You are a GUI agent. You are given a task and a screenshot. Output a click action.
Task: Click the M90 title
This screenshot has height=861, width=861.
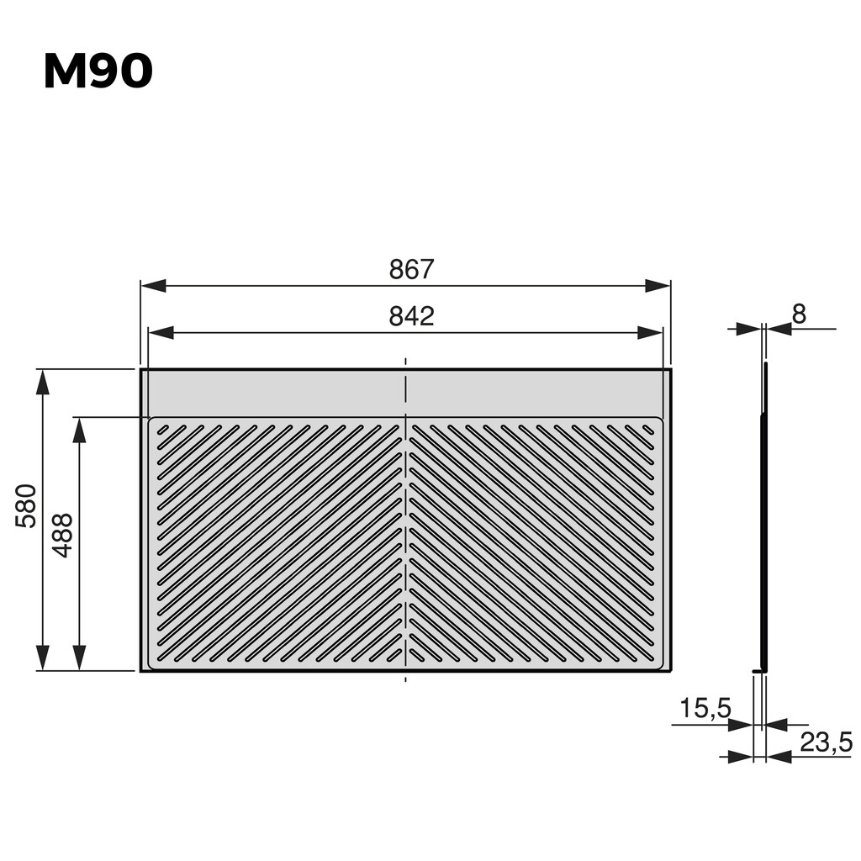[x=98, y=72]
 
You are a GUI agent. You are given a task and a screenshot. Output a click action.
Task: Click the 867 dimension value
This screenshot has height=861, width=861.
[x=411, y=270]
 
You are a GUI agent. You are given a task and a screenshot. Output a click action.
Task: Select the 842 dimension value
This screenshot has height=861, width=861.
[x=411, y=317]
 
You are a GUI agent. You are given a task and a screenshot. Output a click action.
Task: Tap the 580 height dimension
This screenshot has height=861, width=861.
[x=26, y=505]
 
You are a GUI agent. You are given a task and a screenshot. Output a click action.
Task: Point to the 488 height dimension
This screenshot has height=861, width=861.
[x=63, y=535]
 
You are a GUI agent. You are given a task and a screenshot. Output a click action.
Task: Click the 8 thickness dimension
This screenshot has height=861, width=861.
[x=799, y=314]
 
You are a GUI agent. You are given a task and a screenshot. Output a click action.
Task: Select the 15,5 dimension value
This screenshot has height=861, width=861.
[x=705, y=709]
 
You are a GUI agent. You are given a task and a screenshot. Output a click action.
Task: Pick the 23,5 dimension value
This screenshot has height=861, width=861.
[x=826, y=742]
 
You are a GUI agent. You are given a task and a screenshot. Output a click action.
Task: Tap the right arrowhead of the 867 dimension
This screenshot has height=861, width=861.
[x=658, y=286]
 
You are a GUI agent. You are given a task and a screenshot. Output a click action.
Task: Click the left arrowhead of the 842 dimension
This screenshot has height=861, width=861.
[x=161, y=333]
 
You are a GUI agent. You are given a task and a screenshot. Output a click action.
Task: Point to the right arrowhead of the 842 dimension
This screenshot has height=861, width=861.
[x=650, y=333]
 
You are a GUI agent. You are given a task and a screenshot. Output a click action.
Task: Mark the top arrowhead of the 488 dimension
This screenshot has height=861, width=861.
[x=79, y=430]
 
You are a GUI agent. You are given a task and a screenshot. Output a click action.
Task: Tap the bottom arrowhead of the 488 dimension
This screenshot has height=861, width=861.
[x=79, y=658]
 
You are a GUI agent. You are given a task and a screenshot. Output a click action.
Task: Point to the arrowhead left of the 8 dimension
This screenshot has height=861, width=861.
[x=748, y=329]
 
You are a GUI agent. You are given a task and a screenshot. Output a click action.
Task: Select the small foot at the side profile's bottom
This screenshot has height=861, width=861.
[x=759, y=670]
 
